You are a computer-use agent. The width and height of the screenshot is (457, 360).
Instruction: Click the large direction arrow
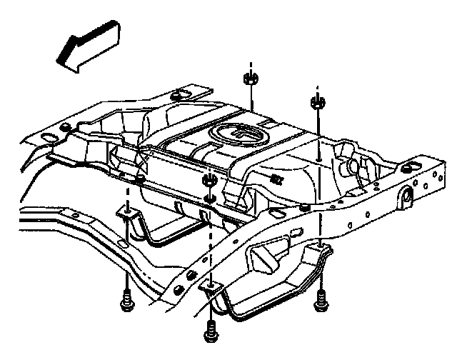click(x=85, y=44)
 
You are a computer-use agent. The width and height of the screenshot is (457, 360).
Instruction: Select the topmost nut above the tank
click(x=250, y=77)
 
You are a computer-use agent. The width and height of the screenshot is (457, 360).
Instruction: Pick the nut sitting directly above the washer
click(x=210, y=179)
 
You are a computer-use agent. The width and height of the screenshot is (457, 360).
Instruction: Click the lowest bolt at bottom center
click(x=211, y=330)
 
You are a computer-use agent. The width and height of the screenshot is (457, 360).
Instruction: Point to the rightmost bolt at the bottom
click(x=319, y=300)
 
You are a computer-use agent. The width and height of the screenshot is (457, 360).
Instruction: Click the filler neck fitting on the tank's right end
click(x=351, y=165)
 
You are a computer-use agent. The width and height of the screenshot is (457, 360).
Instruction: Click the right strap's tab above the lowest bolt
click(x=211, y=287)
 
